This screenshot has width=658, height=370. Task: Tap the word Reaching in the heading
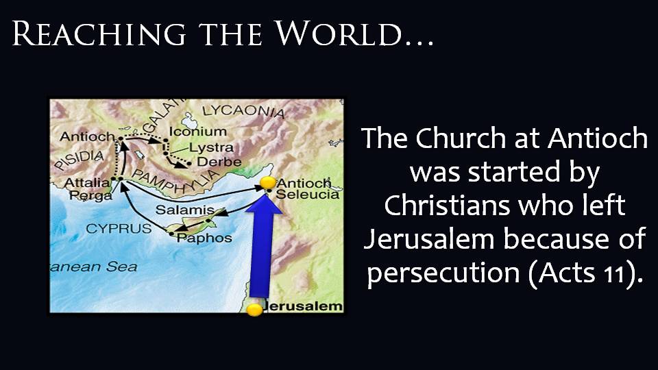point(99,33)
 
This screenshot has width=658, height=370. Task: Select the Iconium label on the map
point(197,132)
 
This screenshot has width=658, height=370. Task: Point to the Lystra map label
point(211,148)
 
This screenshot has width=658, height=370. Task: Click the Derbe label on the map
point(219,162)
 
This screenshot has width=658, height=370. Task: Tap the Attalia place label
point(87,183)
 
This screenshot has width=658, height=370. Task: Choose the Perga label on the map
point(90,195)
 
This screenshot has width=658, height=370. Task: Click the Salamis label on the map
point(184,210)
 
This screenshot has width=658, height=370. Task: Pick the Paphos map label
point(204,238)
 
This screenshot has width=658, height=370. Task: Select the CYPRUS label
point(119,229)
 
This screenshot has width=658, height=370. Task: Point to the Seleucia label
point(307,194)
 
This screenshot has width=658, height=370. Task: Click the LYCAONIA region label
point(243,111)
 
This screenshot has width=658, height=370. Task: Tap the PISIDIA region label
point(79,160)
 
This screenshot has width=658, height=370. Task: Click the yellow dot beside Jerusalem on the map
point(254,310)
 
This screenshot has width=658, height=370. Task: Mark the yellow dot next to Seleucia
point(268,183)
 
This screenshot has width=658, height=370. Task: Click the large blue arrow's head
point(263,204)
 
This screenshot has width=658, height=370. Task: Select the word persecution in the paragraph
point(443,273)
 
